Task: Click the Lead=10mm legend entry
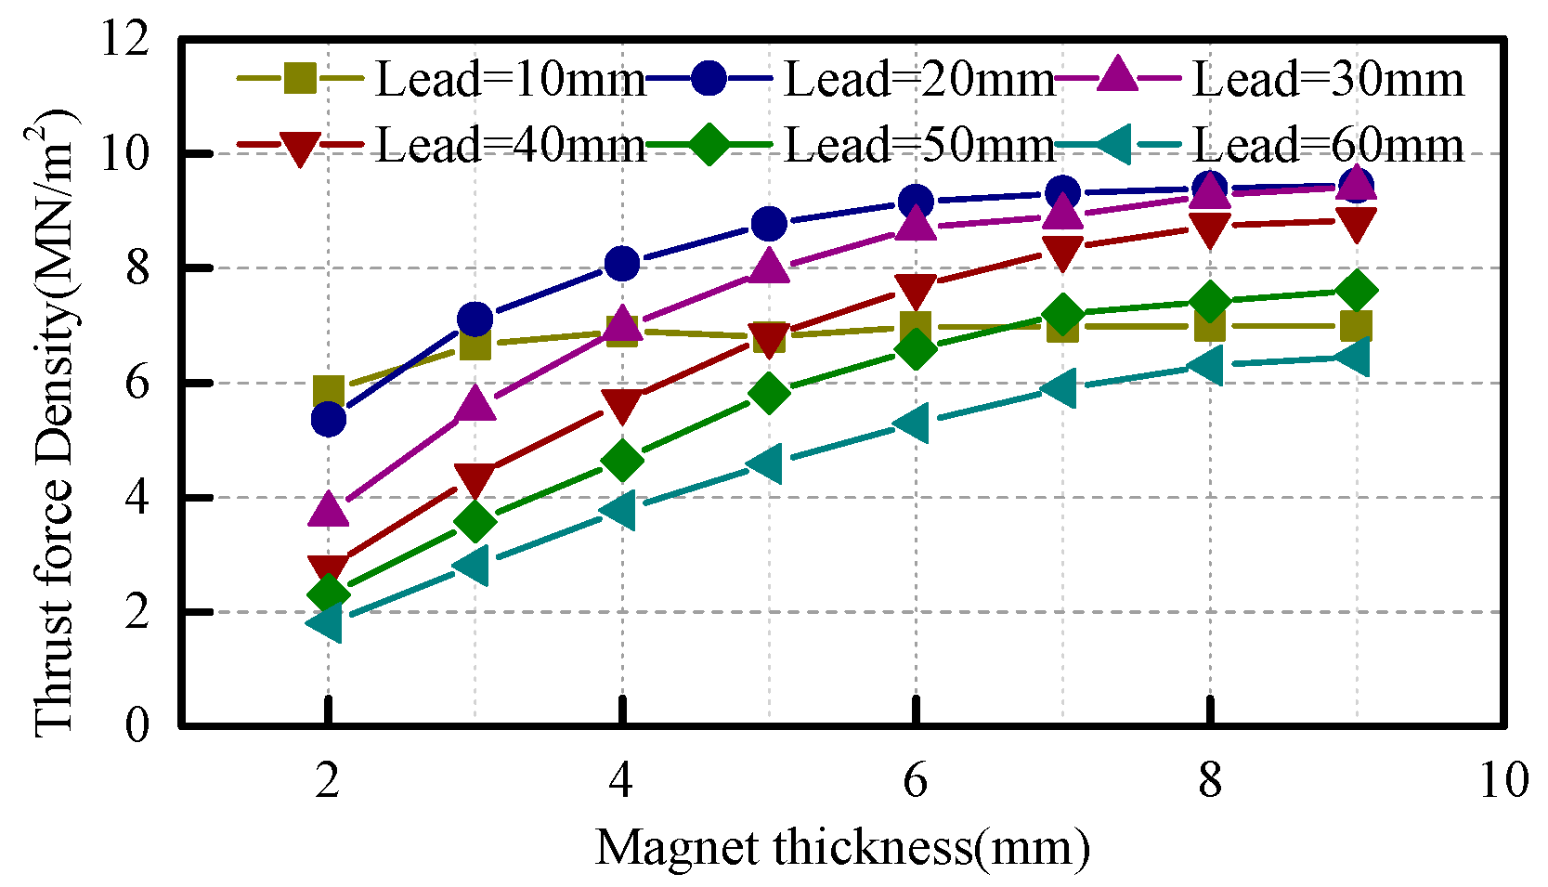(x=509, y=80)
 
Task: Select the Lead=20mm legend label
(x=918, y=80)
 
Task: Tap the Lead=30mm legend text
(x=1328, y=80)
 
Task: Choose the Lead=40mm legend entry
(x=509, y=146)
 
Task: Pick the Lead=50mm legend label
(x=918, y=146)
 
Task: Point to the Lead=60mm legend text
(x=1328, y=146)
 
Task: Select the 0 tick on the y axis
(x=137, y=725)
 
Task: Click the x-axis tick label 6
(x=915, y=780)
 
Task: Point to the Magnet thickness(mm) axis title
(x=841, y=848)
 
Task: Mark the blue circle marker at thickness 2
(x=329, y=420)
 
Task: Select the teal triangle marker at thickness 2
(x=327, y=622)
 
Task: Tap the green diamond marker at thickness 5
(x=769, y=393)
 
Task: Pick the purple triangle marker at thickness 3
(x=475, y=404)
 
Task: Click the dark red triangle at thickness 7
(x=1062, y=252)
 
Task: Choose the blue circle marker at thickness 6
(x=916, y=201)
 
